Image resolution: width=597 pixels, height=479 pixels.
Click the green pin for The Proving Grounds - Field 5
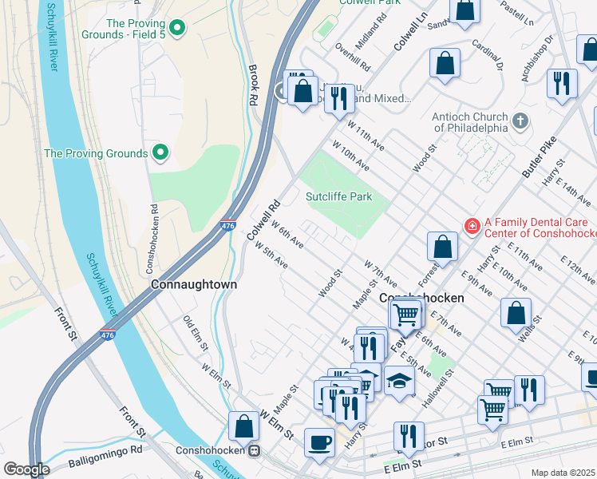[177, 30]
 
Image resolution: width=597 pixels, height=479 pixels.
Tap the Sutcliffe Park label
[339, 196]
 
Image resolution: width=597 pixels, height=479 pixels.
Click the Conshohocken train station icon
[254, 450]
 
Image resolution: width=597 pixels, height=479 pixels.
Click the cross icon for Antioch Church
[520, 121]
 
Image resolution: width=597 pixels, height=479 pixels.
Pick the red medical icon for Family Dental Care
[471, 227]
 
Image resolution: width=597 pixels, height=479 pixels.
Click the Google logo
[26, 469]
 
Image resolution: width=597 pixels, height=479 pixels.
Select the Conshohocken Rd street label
[153, 232]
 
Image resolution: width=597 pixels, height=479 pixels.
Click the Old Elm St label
[196, 334]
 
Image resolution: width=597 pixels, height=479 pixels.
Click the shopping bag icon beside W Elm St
[243, 426]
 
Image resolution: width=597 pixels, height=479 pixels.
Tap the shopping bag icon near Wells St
[516, 313]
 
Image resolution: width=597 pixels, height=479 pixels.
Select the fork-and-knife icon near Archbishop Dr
[562, 83]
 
